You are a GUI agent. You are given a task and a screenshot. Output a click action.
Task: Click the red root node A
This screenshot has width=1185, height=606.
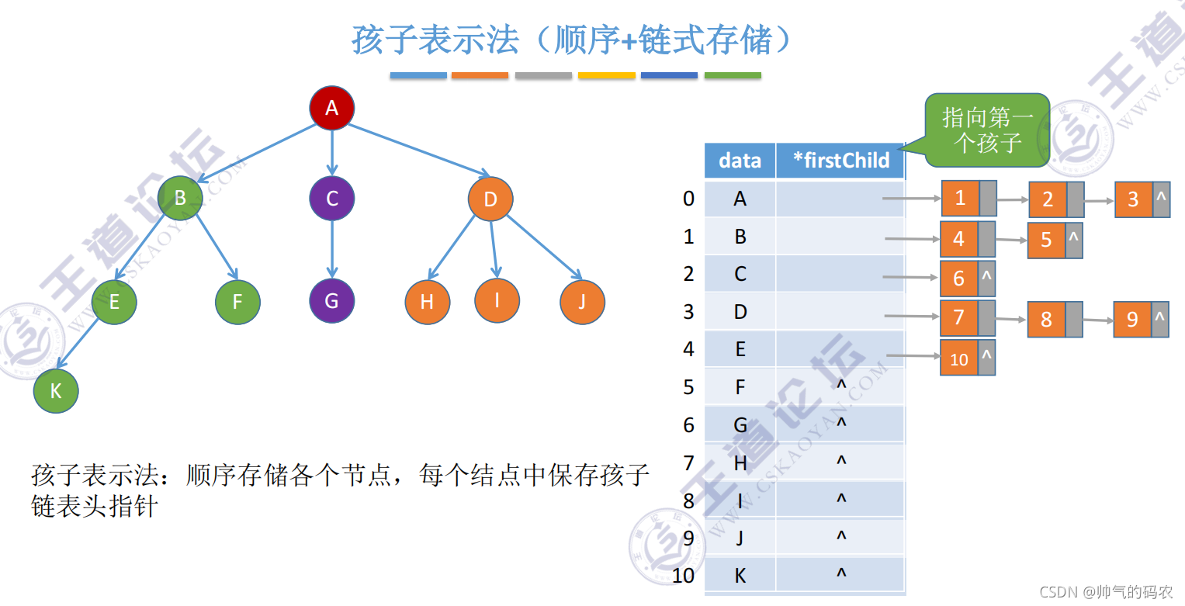(x=332, y=108)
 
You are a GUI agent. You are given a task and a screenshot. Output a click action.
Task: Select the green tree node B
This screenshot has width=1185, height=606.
(x=180, y=198)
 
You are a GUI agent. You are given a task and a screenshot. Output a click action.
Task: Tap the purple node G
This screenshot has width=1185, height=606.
(x=331, y=300)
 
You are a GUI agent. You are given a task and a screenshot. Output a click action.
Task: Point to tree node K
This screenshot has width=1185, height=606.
(x=56, y=390)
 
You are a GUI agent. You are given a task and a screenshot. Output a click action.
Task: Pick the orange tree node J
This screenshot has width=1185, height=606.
(x=581, y=301)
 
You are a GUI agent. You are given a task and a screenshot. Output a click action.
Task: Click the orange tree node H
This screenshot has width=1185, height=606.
(x=427, y=301)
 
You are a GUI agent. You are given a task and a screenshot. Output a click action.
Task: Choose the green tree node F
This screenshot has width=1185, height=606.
(x=237, y=301)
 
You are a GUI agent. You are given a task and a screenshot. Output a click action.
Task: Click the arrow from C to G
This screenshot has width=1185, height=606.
(x=332, y=248)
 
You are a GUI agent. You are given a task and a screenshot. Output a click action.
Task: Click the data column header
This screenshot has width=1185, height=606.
(x=740, y=161)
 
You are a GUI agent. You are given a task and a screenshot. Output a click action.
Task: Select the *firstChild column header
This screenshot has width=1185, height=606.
(x=841, y=161)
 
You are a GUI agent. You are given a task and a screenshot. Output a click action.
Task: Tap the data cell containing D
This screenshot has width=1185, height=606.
(x=740, y=312)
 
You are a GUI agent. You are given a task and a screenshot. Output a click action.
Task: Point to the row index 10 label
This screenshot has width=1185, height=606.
(x=683, y=576)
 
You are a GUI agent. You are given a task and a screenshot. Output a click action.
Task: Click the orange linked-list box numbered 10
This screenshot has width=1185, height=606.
(x=959, y=358)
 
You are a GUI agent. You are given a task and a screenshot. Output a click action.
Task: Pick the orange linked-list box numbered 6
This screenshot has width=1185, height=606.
(x=959, y=278)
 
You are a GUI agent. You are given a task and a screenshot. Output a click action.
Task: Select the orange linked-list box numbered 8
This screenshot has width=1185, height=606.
(x=1046, y=319)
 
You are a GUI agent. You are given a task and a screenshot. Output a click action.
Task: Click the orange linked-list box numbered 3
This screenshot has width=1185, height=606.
(x=1133, y=199)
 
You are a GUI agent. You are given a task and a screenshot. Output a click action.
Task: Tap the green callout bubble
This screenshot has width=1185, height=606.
(x=987, y=130)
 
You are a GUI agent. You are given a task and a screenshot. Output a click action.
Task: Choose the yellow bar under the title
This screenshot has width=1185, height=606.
(x=607, y=76)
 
